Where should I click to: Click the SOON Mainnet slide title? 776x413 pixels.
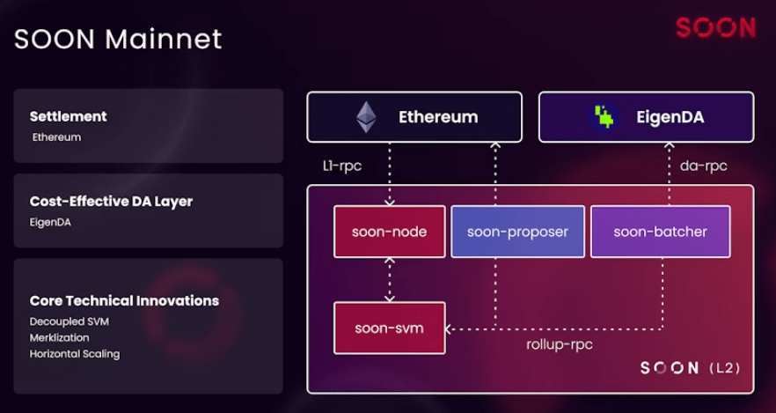[118, 39]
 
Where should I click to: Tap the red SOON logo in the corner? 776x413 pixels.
[715, 28]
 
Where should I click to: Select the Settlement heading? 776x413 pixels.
[68, 116]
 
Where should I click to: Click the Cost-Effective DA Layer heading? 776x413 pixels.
[111, 201]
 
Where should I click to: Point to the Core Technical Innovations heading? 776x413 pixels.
[124, 300]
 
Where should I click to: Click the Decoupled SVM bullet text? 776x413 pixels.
[69, 321]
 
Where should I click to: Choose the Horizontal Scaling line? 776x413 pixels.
[74, 354]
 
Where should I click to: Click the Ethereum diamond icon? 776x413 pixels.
[365, 117]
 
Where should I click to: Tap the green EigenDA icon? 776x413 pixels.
[603, 117]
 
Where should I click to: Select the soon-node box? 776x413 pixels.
[389, 232]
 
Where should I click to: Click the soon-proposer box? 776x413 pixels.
[517, 232]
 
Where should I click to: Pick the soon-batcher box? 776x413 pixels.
[660, 232]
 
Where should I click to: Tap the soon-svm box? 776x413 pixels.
[389, 328]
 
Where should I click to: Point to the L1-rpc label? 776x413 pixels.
[342, 166]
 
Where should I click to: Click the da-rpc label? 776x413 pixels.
[703, 166]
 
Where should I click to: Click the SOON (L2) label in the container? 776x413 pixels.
[690, 367]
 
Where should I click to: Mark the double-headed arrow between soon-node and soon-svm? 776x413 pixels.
[389, 279]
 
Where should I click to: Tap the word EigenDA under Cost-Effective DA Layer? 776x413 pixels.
[51, 222]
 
